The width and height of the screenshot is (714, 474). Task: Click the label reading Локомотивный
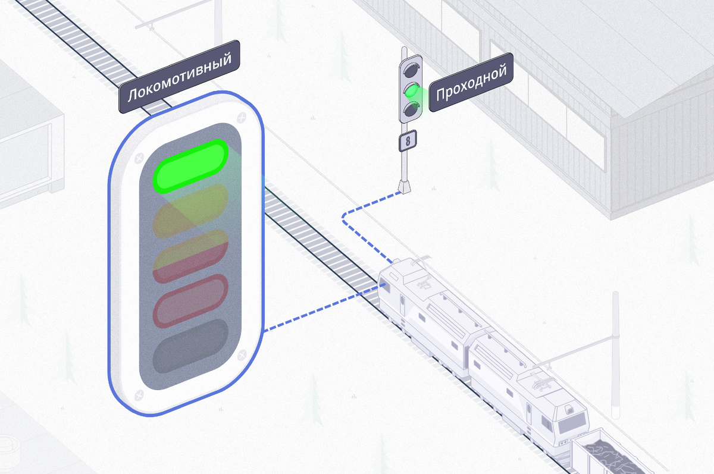pyautogui.click(x=179, y=77)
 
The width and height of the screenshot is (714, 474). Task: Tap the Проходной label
pyautogui.click(x=471, y=86)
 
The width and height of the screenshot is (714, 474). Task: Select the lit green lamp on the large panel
pyautogui.click(x=191, y=166)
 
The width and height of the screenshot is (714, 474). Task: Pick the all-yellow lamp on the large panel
pyautogui.click(x=191, y=211)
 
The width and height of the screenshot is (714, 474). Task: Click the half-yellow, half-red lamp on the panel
pyautogui.click(x=191, y=256)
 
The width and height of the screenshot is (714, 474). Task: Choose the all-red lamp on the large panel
pyautogui.click(x=191, y=301)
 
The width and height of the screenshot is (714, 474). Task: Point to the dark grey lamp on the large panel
pyautogui.click(x=191, y=346)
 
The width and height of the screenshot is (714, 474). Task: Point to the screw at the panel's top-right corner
pyautogui.click(x=241, y=118)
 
